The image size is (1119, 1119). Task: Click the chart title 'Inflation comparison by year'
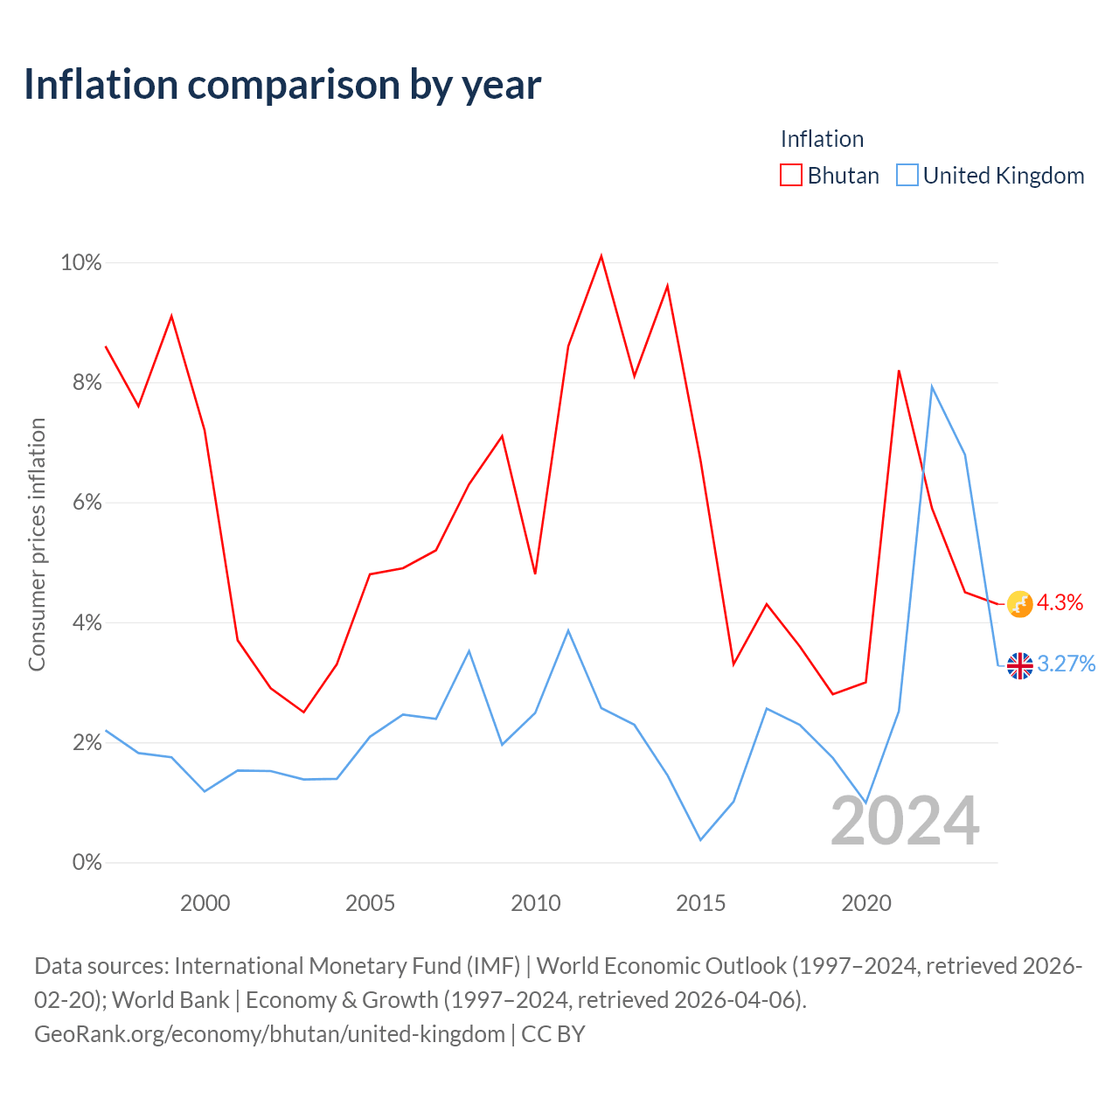pyautogui.click(x=282, y=85)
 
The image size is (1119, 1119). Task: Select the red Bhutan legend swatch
pyautogui.click(x=790, y=175)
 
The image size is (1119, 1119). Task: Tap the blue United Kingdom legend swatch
pyautogui.click(x=907, y=175)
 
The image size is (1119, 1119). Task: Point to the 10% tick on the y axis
pyautogui.click(x=81, y=262)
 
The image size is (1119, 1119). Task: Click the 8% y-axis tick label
pyautogui.click(x=87, y=382)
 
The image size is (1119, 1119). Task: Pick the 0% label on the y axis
pyautogui.click(x=87, y=862)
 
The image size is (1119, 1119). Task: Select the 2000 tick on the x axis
pyautogui.click(x=205, y=903)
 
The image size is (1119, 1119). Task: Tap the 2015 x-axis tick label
pyautogui.click(x=700, y=903)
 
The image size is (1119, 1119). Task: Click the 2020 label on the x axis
pyautogui.click(x=865, y=903)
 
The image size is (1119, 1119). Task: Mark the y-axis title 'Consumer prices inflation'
pyautogui.click(x=37, y=544)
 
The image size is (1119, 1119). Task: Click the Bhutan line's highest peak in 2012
pyautogui.click(x=601, y=256)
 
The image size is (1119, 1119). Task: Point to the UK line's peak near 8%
pyautogui.click(x=932, y=386)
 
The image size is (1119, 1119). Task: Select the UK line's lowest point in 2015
pyautogui.click(x=700, y=839)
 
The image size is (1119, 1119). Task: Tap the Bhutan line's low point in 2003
pyautogui.click(x=303, y=712)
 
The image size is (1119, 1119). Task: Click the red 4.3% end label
pyautogui.click(x=1060, y=602)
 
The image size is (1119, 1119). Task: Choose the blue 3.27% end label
pyautogui.click(x=1067, y=664)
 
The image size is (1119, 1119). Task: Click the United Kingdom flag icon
pyautogui.click(x=1019, y=665)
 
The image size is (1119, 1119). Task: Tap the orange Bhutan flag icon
pyautogui.click(x=1019, y=604)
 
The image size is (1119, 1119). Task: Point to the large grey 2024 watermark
pyautogui.click(x=906, y=821)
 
